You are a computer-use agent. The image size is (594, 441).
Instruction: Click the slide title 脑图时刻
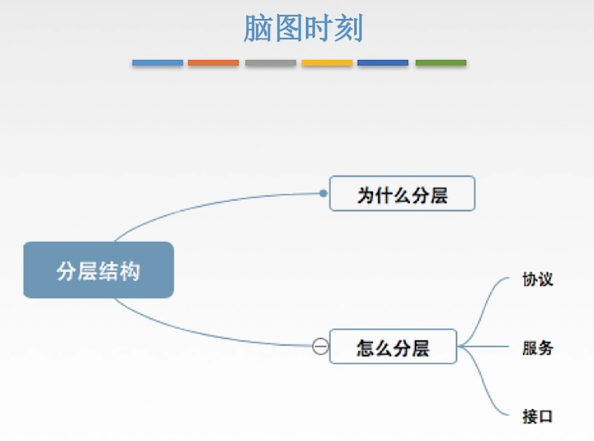(x=303, y=29)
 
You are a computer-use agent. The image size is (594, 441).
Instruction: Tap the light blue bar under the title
(x=158, y=63)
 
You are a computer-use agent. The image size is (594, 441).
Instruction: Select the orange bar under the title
(x=213, y=63)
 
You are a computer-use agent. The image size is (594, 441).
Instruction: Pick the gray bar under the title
(x=271, y=63)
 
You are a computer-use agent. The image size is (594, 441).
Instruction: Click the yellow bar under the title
(x=327, y=63)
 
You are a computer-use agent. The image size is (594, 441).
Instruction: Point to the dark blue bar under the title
(x=383, y=63)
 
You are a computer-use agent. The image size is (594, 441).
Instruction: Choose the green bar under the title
(x=441, y=63)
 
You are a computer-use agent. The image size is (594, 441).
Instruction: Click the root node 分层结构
(x=98, y=270)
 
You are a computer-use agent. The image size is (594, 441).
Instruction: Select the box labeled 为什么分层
(x=402, y=194)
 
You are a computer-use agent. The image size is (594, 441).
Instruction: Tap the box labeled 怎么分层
(x=393, y=347)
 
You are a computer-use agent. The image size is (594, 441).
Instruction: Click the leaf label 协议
(x=538, y=280)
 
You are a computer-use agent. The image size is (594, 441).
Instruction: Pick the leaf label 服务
(x=538, y=347)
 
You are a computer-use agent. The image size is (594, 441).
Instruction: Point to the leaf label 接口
(x=538, y=416)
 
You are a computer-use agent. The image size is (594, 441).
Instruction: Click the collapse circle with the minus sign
(x=320, y=346)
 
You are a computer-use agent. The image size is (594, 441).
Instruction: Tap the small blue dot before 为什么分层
(x=323, y=193)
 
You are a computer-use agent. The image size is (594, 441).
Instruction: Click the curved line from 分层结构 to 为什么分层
(x=209, y=203)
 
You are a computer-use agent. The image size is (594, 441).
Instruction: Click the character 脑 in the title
(x=257, y=29)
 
